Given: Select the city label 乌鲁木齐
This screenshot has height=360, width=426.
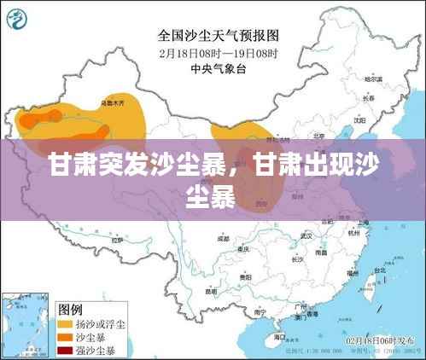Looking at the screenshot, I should [112, 102].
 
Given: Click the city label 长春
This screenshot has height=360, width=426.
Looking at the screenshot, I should [345, 98].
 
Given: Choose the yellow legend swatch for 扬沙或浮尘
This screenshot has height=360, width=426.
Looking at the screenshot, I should [64, 325].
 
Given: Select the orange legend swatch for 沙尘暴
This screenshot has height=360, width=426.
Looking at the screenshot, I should [64, 337].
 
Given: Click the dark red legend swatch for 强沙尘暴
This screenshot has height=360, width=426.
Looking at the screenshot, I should [64, 349].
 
